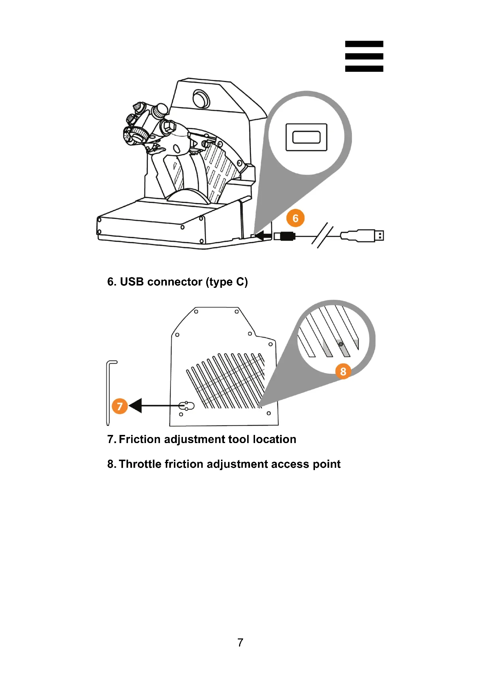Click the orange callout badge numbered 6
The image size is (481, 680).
(x=295, y=218)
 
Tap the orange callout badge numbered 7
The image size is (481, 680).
(x=120, y=406)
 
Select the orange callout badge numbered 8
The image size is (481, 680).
(x=343, y=371)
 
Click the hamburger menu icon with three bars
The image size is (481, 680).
(x=364, y=56)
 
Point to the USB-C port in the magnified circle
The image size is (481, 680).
(x=306, y=137)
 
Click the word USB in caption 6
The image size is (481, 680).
(x=132, y=282)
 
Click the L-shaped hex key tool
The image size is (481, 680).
(x=109, y=391)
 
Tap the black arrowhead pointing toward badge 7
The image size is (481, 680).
(x=136, y=406)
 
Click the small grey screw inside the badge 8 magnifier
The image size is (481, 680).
(x=341, y=344)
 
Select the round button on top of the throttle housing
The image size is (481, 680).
(x=202, y=99)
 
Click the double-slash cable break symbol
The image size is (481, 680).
(x=322, y=235)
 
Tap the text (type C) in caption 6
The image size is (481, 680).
(x=227, y=282)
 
